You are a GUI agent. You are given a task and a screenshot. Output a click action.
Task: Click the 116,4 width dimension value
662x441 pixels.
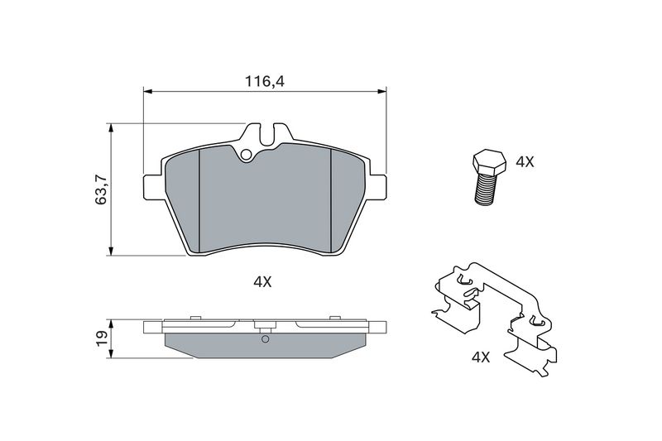pyautogui.click(x=265, y=81)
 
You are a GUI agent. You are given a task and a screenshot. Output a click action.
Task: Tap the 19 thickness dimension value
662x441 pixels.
pyautogui.click(x=102, y=338)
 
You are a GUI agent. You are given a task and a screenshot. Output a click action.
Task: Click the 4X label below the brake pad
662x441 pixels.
pyautogui.click(x=262, y=282)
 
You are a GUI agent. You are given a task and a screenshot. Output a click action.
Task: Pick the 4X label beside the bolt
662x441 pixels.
pyautogui.click(x=525, y=161)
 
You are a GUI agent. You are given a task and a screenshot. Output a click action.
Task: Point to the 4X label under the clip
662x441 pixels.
pyautogui.click(x=481, y=357)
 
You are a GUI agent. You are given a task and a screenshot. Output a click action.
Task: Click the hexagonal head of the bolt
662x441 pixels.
pyautogui.click(x=488, y=162)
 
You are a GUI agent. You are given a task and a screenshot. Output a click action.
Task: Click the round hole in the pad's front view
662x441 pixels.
pyautogui.click(x=246, y=155)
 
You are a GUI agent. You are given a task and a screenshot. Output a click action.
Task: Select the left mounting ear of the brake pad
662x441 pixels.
pyautogui.click(x=153, y=186)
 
